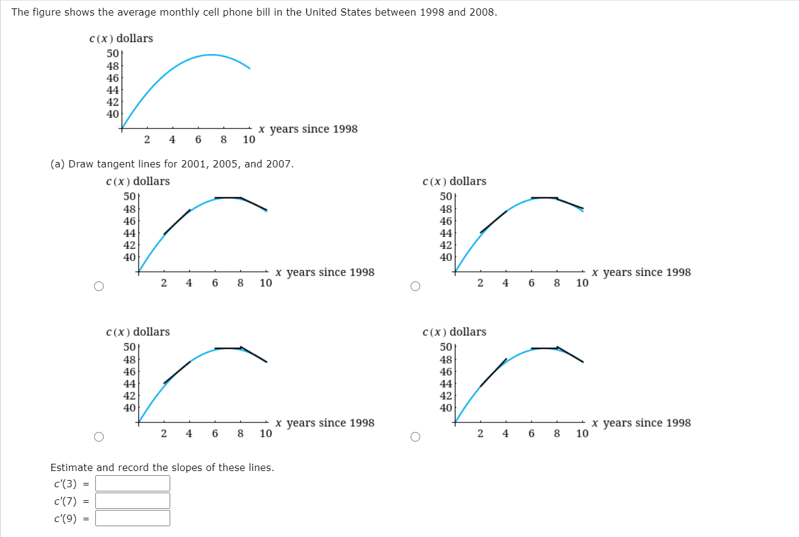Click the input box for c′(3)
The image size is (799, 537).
click(x=132, y=483)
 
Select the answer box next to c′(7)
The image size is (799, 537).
click(x=132, y=500)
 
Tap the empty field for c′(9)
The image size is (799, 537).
click(x=132, y=518)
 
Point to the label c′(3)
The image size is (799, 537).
click(x=65, y=484)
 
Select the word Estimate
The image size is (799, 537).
click(x=71, y=467)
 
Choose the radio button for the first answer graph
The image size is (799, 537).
click(x=99, y=286)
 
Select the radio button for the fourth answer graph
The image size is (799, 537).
click(x=415, y=437)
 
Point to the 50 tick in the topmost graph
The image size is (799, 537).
click(x=113, y=54)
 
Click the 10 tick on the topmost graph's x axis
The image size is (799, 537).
click(x=249, y=140)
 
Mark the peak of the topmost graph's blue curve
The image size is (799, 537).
click(x=211, y=55)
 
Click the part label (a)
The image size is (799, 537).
click(x=58, y=164)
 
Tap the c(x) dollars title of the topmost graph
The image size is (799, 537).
click(x=121, y=38)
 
